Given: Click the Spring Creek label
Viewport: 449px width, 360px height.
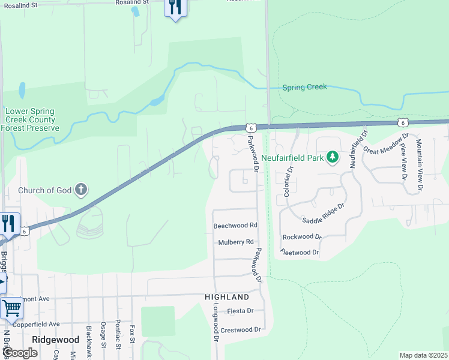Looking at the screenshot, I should pos(304,87).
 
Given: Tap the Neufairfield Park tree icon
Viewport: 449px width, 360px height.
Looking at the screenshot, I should pos(333,158).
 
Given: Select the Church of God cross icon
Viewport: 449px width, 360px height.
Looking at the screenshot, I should pos(81,191).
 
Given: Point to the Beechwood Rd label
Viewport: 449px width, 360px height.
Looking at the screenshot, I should pos(235,226).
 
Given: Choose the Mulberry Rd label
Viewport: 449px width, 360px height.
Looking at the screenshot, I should pos(236,242).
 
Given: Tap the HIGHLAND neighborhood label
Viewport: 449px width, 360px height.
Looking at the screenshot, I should pos(226,297).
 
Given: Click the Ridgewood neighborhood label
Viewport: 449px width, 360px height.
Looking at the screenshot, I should pos(55,340).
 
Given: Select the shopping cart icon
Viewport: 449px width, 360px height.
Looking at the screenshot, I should pos(11,308).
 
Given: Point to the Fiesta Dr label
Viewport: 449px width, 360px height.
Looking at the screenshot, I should pos(241,311).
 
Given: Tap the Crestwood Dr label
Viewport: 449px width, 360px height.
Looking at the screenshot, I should pos(241,330).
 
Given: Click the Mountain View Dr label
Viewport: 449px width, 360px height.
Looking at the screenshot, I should pos(419,165).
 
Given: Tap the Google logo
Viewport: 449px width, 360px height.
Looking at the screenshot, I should pos(19,353).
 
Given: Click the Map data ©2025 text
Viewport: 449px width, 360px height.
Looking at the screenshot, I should pos(423,355).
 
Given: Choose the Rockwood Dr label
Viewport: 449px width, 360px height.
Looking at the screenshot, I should pos(301,237).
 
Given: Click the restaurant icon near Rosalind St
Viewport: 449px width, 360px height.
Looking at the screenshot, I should pos(175,8).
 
